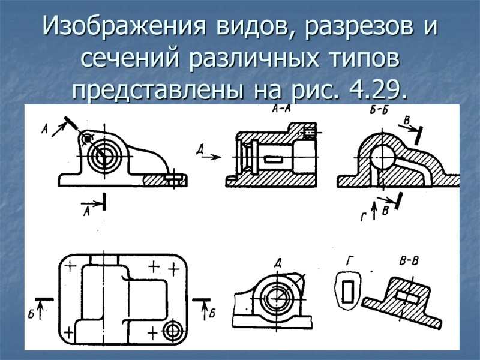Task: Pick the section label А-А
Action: click(x=283, y=110)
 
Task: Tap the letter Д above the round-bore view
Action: click(x=278, y=263)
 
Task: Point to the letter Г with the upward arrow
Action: click(x=363, y=218)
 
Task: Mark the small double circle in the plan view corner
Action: click(x=173, y=329)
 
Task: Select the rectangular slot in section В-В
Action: click(x=408, y=296)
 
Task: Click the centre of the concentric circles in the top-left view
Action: click(x=101, y=157)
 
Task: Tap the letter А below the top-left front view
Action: click(x=86, y=211)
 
